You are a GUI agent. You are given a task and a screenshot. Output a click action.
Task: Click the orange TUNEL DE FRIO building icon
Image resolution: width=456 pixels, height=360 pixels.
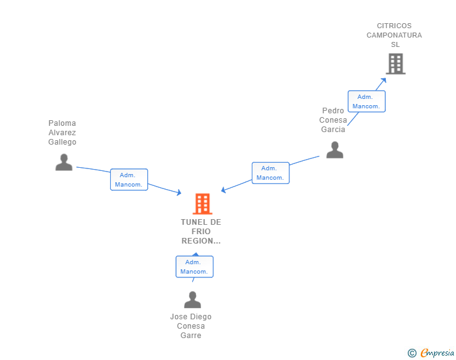click(202, 204)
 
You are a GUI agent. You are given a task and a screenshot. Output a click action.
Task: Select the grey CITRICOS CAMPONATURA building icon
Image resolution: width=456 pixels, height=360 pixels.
click(396, 64)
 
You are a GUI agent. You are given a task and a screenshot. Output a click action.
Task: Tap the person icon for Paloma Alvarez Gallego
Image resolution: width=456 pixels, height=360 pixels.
click(64, 162)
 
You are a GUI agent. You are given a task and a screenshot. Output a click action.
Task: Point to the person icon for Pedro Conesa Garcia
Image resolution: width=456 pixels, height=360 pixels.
click(334, 150)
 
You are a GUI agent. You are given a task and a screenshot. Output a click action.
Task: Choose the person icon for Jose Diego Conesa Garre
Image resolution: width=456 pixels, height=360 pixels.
click(192, 299)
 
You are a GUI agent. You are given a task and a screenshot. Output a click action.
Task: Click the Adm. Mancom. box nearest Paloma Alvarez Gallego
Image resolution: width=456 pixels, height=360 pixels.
click(129, 180)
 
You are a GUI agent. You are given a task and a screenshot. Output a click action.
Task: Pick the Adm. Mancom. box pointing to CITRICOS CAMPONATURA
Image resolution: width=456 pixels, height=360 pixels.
click(366, 101)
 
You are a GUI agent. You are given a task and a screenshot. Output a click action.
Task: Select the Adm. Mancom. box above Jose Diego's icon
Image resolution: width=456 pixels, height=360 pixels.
click(194, 267)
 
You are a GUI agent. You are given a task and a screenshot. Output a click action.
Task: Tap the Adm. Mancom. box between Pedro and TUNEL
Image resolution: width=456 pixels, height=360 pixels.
click(271, 173)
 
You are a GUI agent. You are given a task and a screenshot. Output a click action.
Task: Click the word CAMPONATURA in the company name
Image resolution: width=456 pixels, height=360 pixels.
click(394, 35)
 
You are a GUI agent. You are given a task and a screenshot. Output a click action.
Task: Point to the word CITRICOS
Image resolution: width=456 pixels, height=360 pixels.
click(394, 26)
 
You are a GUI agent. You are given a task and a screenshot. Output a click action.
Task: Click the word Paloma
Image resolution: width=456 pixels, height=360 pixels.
click(62, 123)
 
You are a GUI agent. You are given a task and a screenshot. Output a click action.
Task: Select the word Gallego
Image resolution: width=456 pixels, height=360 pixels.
click(62, 142)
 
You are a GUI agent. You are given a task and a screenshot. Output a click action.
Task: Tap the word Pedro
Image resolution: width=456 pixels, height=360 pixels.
click(333, 111)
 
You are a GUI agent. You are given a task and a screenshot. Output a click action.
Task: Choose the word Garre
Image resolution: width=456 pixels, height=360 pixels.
click(191, 336)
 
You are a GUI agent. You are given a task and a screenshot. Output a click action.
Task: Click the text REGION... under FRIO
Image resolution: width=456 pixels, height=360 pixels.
click(201, 241)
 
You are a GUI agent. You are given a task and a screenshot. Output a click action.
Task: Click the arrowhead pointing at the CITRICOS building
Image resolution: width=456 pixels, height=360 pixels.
click(383, 81)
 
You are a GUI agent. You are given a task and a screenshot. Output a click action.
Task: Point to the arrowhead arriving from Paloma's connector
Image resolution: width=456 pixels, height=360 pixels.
click(179, 192)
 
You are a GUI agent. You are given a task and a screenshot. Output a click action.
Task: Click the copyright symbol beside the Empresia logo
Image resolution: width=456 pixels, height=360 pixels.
click(412, 353)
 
